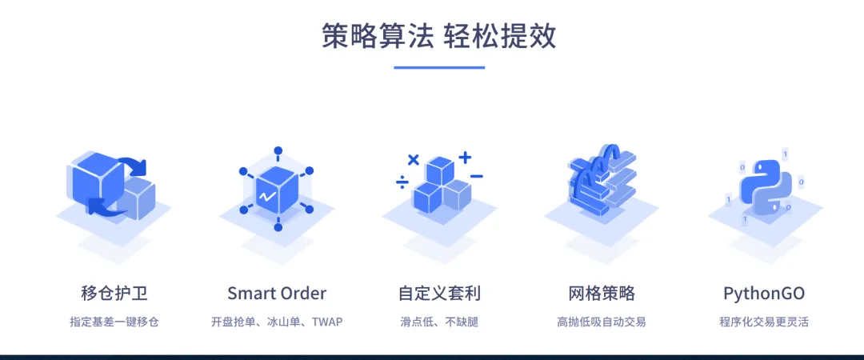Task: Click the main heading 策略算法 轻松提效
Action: (439, 36)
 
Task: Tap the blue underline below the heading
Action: (439, 67)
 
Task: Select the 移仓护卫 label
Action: (114, 293)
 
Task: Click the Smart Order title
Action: (277, 293)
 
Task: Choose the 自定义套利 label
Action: (439, 293)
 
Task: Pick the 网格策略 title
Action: (602, 293)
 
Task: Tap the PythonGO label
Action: (764, 293)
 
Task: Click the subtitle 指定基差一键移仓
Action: (114, 322)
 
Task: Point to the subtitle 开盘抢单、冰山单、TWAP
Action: (277, 322)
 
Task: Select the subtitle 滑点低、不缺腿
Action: (439, 322)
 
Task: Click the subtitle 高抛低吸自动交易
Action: (602, 322)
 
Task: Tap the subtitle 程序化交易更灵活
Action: (764, 322)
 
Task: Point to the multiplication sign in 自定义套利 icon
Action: (413, 159)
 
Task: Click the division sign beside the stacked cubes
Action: (402, 183)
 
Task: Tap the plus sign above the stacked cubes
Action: (465, 157)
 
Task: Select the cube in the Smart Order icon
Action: (277, 190)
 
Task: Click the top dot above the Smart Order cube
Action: (278, 150)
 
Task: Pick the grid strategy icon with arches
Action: (602, 180)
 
